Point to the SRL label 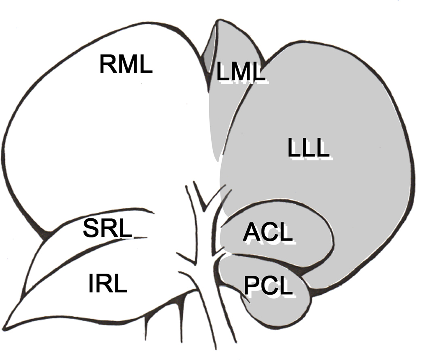coord(107,229)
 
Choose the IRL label coord(107,284)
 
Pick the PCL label coord(268,285)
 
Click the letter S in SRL coord(91,229)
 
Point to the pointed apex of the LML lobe coord(219,23)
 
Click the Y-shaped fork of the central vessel coord(205,210)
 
